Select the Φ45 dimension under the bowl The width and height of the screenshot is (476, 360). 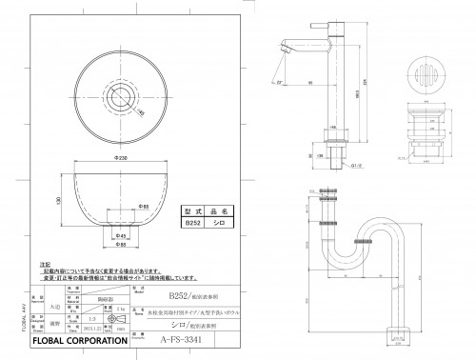tap(121, 237)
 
